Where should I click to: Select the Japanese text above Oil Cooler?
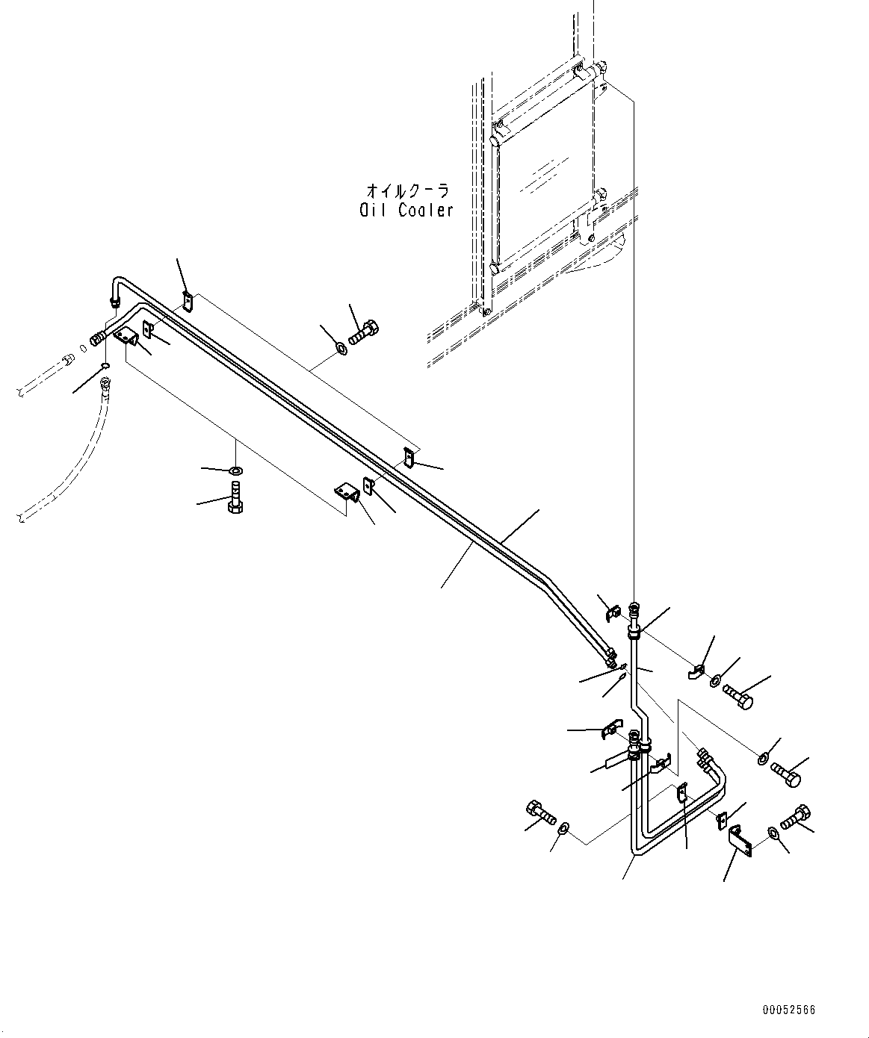pyautogui.click(x=408, y=190)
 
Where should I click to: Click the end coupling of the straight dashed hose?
pyautogui.click(x=67, y=358)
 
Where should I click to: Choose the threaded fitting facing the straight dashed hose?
pyautogui.click(x=96, y=339)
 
